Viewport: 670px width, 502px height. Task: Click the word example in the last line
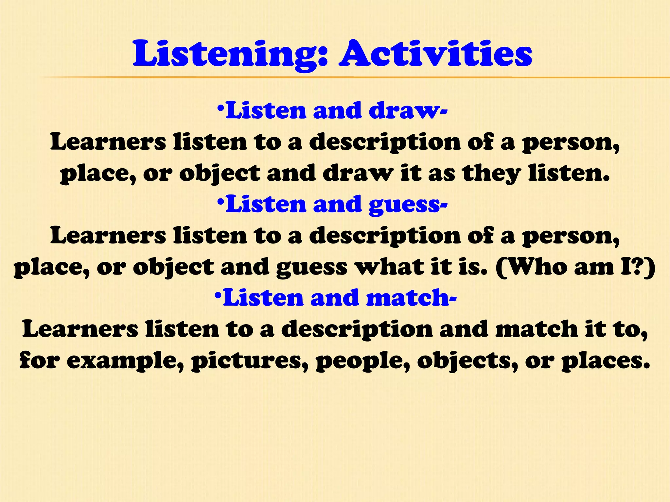[125, 361]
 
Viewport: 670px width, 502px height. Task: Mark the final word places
[606, 361]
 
